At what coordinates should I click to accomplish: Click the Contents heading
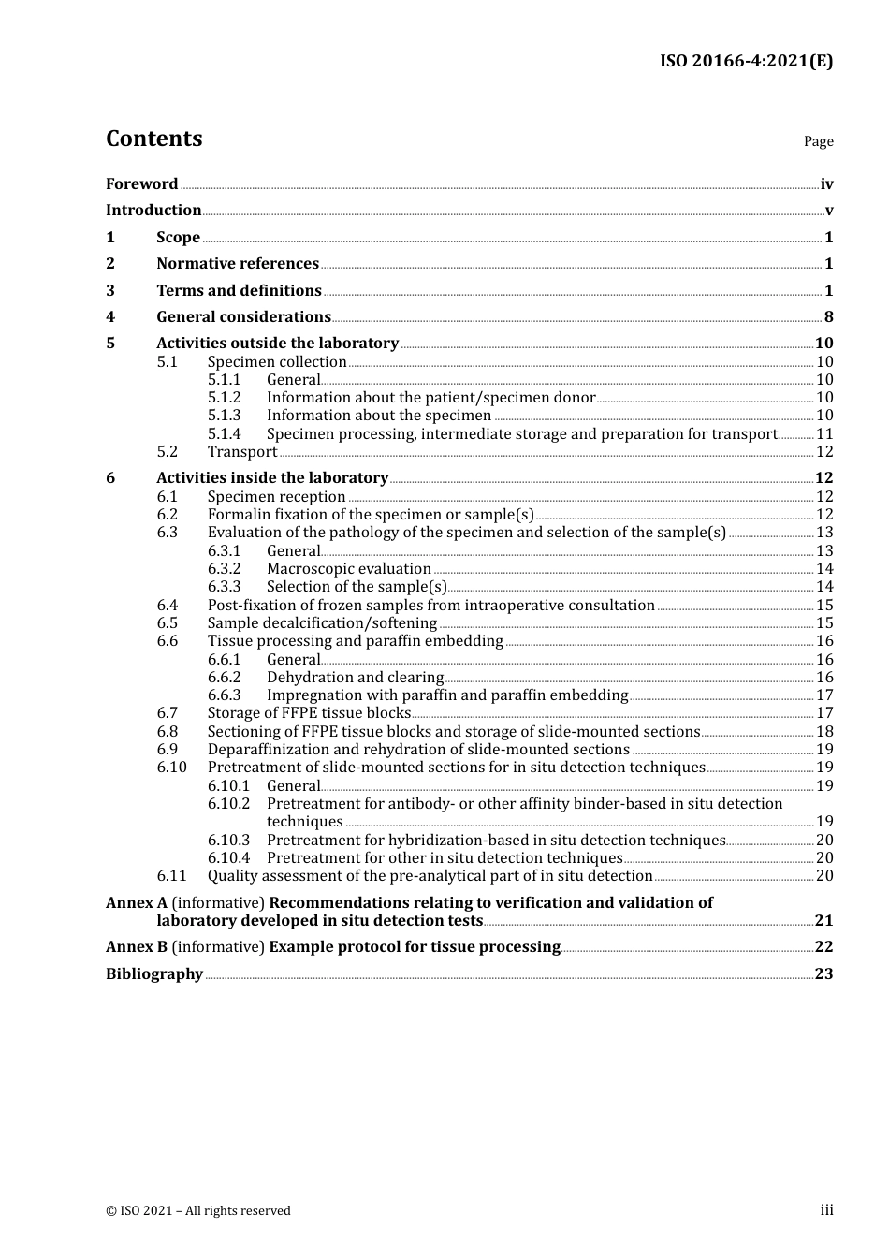(153, 139)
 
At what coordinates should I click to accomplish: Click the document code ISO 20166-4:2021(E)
(746, 62)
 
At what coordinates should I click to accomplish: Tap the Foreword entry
(141, 184)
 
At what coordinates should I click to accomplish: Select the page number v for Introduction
(828, 211)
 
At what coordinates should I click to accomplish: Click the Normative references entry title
(238, 264)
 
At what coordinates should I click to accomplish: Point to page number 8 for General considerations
(828, 317)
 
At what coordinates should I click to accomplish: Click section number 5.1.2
(224, 398)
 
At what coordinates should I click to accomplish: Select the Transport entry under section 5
(242, 452)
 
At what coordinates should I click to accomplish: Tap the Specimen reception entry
(276, 497)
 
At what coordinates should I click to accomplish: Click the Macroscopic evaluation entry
(348, 569)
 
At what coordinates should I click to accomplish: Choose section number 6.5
(167, 623)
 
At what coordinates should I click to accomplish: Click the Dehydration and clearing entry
(355, 678)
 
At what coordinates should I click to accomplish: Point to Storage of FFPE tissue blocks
(309, 713)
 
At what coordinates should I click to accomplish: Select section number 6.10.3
(228, 841)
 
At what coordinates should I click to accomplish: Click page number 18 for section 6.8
(824, 732)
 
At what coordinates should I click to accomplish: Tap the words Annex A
(137, 903)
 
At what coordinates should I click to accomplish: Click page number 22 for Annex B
(823, 947)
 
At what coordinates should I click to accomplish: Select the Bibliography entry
(154, 974)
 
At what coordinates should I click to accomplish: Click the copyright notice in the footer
(198, 1211)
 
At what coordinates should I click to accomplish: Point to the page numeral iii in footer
(826, 1210)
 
